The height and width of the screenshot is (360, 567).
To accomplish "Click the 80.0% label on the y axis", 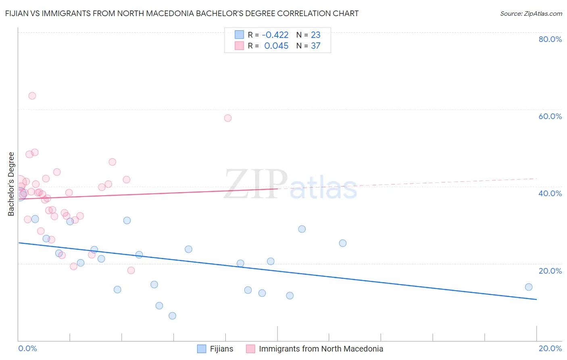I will pos(550,39).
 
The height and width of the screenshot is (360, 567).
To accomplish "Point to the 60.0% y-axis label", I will pos(550,116).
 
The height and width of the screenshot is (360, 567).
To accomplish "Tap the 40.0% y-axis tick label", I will pos(550,193).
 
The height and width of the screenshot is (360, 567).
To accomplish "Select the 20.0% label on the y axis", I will pos(550,271).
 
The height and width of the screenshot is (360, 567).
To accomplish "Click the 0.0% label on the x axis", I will pos(27,349).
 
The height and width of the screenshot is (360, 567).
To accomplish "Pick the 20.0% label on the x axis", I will pos(550,349).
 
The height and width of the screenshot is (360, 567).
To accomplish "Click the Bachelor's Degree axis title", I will pos(11,184).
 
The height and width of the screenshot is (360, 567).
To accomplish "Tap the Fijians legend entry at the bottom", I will pos(221,349).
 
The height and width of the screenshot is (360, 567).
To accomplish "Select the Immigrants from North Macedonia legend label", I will pos(321,349).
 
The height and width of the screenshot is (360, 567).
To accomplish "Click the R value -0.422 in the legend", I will pos(275,35).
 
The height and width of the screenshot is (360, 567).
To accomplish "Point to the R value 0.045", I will pos(276,46).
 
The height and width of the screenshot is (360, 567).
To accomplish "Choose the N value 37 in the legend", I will pos(315,46).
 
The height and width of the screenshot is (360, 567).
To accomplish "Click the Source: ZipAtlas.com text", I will pos(531,14).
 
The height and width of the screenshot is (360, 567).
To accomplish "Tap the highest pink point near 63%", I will pos(32,96).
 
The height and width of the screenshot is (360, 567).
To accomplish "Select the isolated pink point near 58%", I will pos(228,118).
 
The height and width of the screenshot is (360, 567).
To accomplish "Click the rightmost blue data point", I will pos(529,287).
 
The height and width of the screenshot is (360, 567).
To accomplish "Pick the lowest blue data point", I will pos(172,316).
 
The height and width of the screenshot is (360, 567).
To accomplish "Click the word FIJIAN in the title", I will pos(17,14).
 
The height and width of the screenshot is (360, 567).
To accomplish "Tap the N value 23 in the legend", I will pos(315,35).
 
